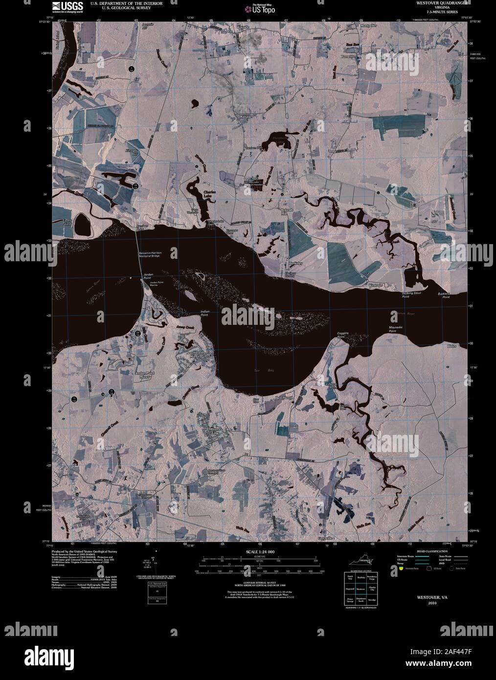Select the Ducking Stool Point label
point(412,295)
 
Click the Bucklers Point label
point(444,295)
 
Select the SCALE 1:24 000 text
point(260,552)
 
